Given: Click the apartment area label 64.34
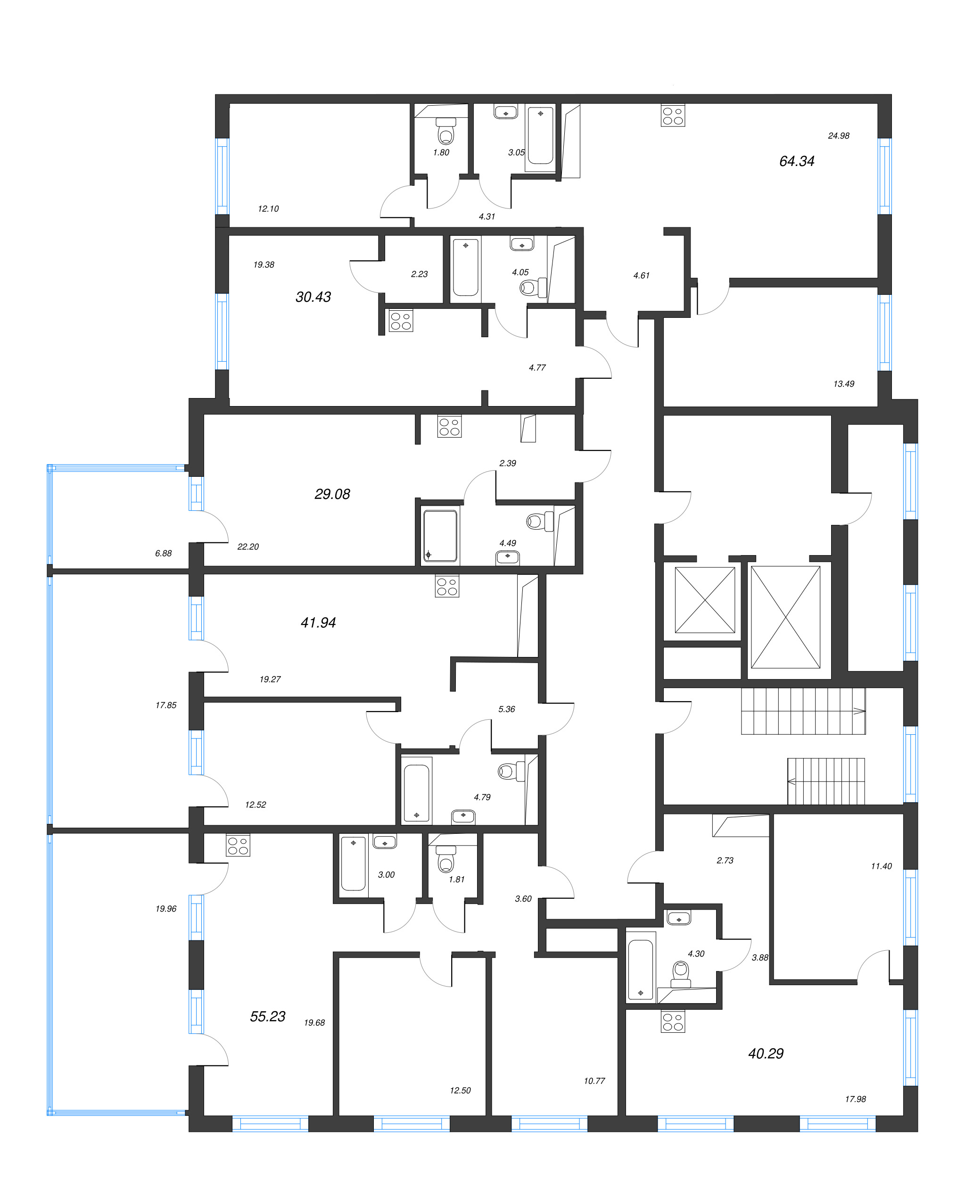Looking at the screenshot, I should [x=796, y=161].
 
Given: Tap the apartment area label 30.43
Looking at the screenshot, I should [x=313, y=297].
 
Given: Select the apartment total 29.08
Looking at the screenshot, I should [x=332, y=494].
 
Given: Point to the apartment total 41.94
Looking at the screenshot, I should [x=318, y=623].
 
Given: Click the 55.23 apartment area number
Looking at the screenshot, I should [x=267, y=1016].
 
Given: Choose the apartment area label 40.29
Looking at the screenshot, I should [x=766, y=1053].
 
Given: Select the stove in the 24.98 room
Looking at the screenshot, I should [x=673, y=116].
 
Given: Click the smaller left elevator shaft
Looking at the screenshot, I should [x=704, y=599].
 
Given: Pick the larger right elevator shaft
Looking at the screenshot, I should [x=785, y=617].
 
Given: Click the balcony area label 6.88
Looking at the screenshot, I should [x=164, y=553].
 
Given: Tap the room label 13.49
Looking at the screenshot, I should [x=843, y=384].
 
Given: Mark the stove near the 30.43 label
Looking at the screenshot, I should [x=400, y=321].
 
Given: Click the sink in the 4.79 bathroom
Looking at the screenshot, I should [x=463, y=816].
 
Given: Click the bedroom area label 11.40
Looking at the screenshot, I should [x=881, y=866].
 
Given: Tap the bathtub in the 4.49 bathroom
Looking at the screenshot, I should [x=440, y=536].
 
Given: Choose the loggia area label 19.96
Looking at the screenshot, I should [x=165, y=909].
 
